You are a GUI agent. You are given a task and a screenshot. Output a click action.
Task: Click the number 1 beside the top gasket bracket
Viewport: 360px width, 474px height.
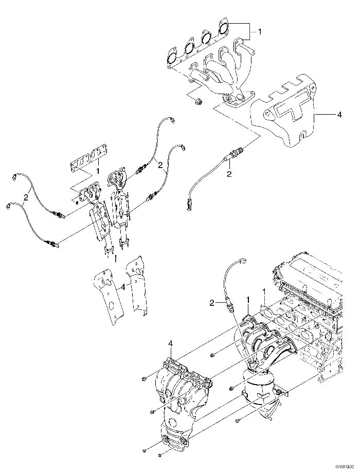coord(260,32)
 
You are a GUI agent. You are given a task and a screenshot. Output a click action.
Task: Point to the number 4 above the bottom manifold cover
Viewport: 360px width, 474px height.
coord(171,343)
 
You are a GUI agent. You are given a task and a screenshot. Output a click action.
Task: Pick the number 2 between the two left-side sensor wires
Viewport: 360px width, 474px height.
coord(25,197)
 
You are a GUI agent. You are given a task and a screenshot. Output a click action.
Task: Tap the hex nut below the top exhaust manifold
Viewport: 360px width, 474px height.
coord(199,101)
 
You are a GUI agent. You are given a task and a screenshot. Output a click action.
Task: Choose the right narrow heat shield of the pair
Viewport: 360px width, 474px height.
coord(137,288)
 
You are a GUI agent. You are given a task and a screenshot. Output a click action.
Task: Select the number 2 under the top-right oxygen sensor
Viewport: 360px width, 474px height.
coord(229,174)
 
